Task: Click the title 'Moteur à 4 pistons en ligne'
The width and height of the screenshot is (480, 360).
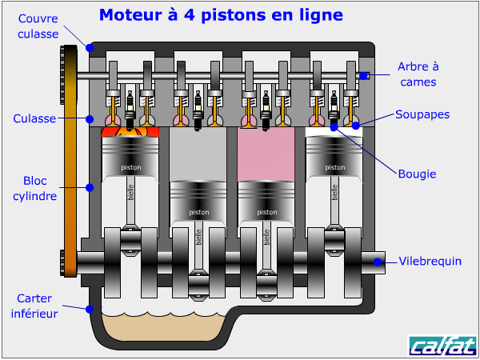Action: (x=222, y=15)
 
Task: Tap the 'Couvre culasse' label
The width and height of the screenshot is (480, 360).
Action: (x=37, y=26)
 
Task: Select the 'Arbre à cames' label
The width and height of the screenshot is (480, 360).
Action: (x=419, y=74)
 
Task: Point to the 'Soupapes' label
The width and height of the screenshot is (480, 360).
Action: (x=422, y=114)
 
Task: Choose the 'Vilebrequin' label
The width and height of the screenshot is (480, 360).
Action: (x=430, y=261)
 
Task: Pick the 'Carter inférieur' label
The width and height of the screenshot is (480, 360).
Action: (x=34, y=306)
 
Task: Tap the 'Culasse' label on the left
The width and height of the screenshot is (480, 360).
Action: (x=34, y=118)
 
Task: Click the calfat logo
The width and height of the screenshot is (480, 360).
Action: (x=442, y=346)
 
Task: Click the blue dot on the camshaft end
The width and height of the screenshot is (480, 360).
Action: (x=363, y=76)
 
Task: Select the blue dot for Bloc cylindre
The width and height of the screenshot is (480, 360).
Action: (x=90, y=188)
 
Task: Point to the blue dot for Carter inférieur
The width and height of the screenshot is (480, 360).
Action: (x=90, y=308)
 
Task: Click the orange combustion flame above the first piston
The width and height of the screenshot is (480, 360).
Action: (x=130, y=130)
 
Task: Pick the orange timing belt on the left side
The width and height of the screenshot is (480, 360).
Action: (x=70, y=160)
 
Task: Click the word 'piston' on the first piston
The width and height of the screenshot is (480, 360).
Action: (x=130, y=168)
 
